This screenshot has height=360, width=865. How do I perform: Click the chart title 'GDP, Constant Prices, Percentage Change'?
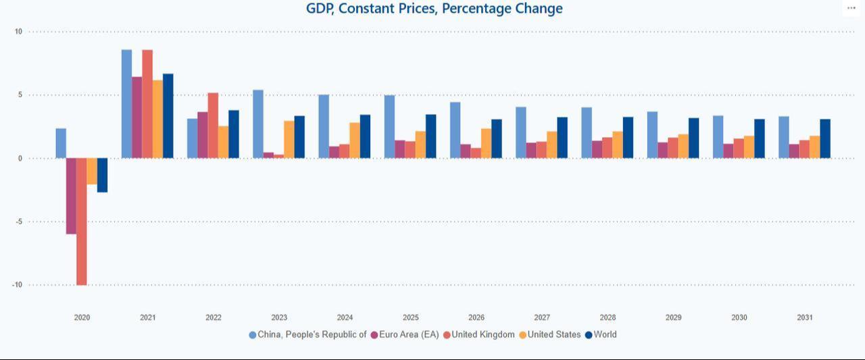tap(434, 9)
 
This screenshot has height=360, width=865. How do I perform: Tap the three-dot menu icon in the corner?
tap(851, 8)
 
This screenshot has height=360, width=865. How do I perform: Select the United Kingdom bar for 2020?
tap(81, 222)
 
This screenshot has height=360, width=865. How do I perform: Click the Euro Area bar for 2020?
tap(71, 196)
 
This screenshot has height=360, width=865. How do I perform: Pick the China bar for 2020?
tap(61, 143)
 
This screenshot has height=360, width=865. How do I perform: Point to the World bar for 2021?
tap(168, 116)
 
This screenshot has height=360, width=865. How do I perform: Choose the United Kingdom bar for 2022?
tap(213, 126)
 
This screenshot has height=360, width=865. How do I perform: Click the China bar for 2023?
tap(258, 124)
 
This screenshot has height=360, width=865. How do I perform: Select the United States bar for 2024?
tap(355, 140)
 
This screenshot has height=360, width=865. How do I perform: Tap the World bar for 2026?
tap(496, 139)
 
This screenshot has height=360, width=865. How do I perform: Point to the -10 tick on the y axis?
tap(17, 285)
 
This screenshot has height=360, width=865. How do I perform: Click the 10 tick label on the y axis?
tap(18, 32)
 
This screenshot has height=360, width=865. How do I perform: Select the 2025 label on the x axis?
tap(410, 317)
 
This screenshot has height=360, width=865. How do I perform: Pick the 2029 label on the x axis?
tap(673, 317)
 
